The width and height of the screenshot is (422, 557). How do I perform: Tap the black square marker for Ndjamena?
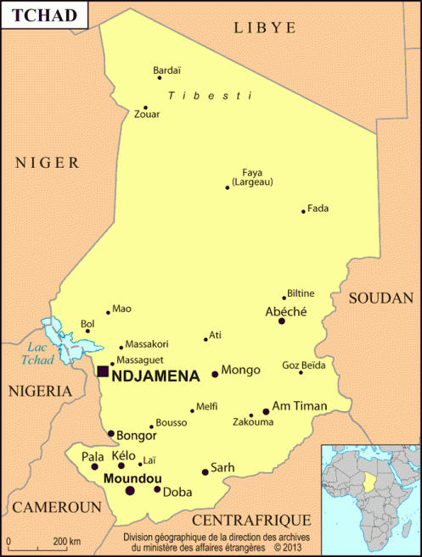(x=103, y=371)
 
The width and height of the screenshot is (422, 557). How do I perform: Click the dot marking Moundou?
(x=130, y=490)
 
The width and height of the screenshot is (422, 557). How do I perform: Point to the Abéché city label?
(x=286, y=311)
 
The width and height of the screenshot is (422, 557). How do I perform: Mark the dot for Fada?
(x=303, y=211)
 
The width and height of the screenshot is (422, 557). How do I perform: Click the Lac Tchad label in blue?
(x=39, y=354)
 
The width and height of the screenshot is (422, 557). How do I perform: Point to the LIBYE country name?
(x=265, y=27)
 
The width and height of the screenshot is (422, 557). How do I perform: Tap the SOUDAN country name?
(x=381, y=298)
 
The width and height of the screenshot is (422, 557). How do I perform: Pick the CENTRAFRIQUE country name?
(x=252, y=520)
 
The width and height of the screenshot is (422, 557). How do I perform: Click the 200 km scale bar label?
(x=67, y=541)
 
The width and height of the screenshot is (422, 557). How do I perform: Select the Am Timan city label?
(x=299, y=406)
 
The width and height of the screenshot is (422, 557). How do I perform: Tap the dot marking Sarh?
(x=205, y=472)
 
